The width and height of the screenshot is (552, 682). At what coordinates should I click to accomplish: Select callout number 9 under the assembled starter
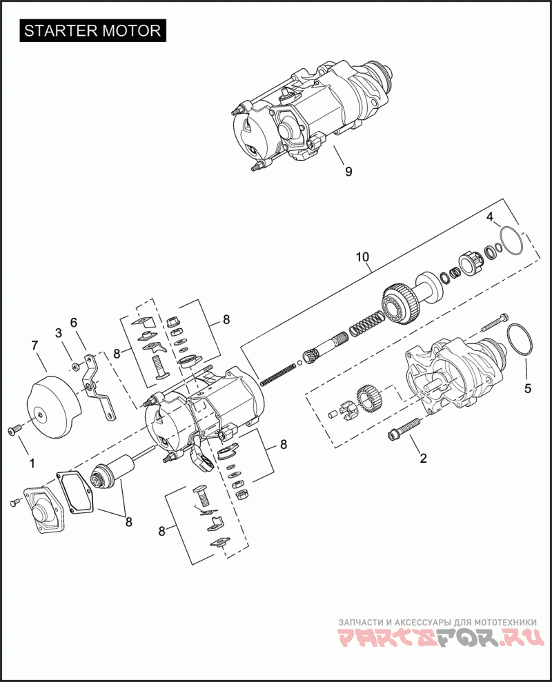point(348,172)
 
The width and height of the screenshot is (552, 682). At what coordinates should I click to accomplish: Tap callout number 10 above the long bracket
point(363,257)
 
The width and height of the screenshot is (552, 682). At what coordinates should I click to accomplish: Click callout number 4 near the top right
point(490,217)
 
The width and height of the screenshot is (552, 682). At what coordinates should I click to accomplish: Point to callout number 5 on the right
point(528,388)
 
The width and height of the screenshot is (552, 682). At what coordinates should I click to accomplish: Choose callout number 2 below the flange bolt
point(423,457)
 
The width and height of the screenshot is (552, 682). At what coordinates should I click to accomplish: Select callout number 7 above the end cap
point(34,345)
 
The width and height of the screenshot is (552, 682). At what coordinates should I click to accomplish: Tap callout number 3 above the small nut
point(59,332)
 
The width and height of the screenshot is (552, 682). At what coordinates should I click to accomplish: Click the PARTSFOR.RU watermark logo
point(437,639)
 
